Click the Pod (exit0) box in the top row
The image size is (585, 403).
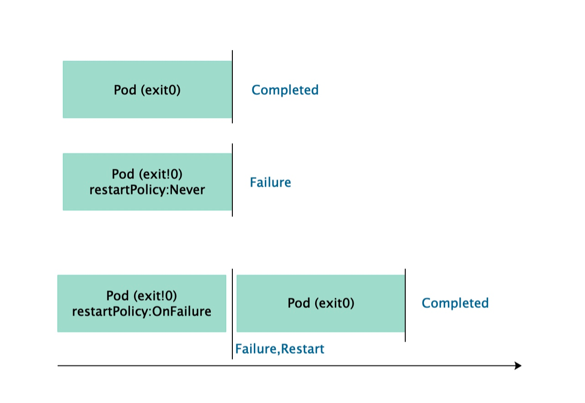click(x=147, y=90)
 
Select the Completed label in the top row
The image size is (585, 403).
click(x=285, y=90)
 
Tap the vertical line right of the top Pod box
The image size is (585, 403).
click(x=232, y=87)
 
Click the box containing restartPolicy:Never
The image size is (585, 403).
click(x=147, y=182)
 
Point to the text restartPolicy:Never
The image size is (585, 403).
click(x=147, y=190)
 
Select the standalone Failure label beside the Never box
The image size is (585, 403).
click(x=270, y=182)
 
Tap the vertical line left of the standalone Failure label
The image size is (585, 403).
click(x=232, y=180)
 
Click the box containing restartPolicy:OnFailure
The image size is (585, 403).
click(x=142, y=303)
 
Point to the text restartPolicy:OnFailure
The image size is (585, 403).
click(x=142, y=311)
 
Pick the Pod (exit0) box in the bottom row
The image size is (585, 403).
click(x=321, y=303)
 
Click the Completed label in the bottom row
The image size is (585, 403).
click(x=455, y=303)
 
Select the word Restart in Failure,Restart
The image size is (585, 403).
click(x=303, y=349)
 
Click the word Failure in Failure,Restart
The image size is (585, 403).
click(x=256, y=349)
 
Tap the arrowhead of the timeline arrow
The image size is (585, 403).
click(x=518, y=366)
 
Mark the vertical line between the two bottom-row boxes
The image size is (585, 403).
click(x=232, y=314)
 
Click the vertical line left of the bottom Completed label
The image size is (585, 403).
click(x=405, y=305)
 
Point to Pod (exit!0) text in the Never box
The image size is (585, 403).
click(x=147, y=174)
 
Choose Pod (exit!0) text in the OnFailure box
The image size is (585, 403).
click(x=141, y=296)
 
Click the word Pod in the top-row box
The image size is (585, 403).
click(x=125, y=90)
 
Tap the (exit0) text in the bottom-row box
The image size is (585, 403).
click(x=334, y=303)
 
